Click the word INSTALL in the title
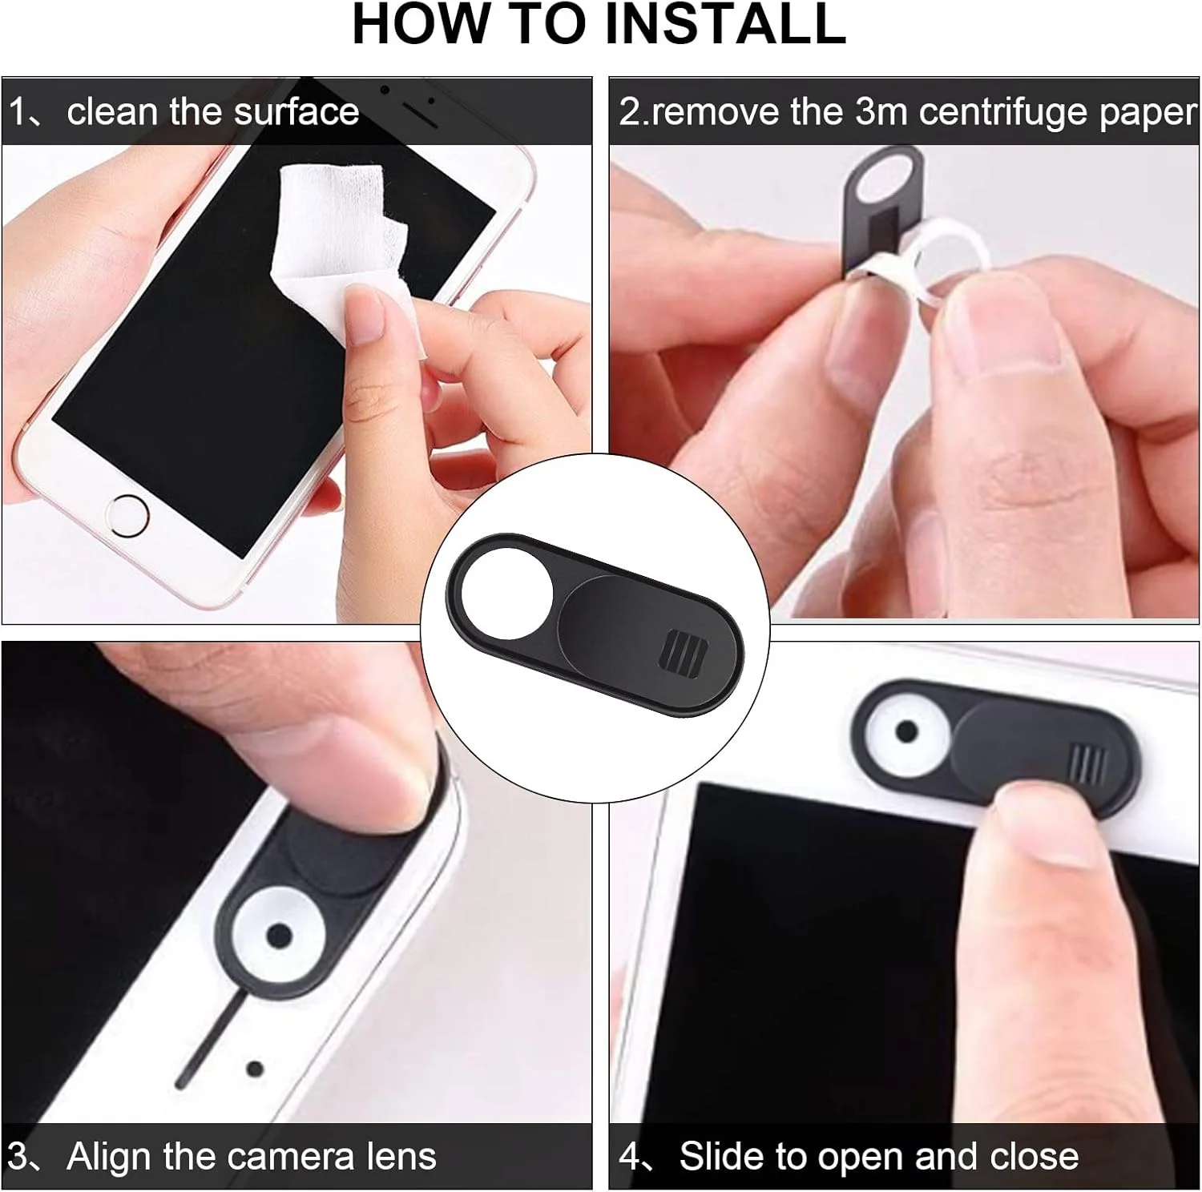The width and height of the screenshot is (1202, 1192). tap(725, 23)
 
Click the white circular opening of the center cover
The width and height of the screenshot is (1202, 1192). tap(507, 594)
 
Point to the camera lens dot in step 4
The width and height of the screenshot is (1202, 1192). tap(906, 731)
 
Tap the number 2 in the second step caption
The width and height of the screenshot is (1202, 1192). tap(630, 112)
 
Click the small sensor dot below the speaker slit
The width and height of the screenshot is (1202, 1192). tap(255, 1069)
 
